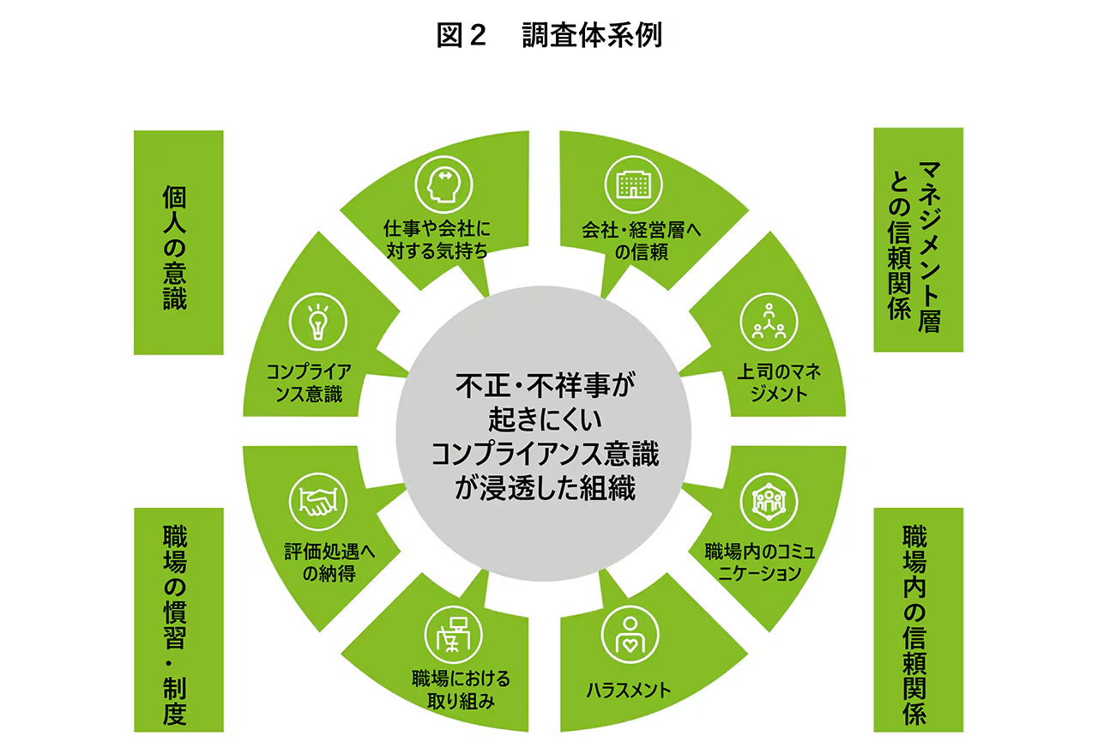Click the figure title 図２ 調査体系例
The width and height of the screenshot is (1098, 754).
548,35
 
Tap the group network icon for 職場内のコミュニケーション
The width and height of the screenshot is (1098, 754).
769,500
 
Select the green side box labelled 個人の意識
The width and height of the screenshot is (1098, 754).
178,242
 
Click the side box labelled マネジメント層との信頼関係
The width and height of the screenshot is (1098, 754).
917,239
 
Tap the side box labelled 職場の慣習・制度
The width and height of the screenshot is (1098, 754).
178,619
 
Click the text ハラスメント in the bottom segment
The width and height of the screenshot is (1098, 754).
629,690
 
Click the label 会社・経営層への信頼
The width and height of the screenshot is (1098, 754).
636,241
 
